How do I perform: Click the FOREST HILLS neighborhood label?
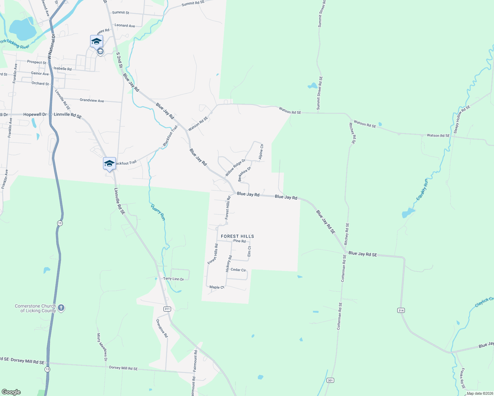[237, 236]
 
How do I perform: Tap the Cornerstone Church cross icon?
[61, 308]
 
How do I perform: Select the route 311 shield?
[167, 309]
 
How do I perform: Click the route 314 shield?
[401, 311]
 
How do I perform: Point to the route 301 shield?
[330, 380]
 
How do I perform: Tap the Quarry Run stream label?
[158, 212]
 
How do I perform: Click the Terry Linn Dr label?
[173, 279]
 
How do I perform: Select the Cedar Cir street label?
[238, 270]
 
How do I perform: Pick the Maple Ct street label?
[217, 287]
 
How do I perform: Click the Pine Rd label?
[239, 241]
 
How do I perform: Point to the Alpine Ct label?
[261, 152]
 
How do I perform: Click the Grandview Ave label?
[92, 100]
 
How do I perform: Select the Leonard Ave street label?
[124, 25]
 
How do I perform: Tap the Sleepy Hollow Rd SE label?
[462, 119]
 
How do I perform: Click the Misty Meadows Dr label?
[102, 347]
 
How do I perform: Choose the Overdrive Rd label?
[162, 328]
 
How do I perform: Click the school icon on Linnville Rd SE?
[109, 163]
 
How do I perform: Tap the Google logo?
[11, 392]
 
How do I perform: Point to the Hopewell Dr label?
[35, 115]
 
